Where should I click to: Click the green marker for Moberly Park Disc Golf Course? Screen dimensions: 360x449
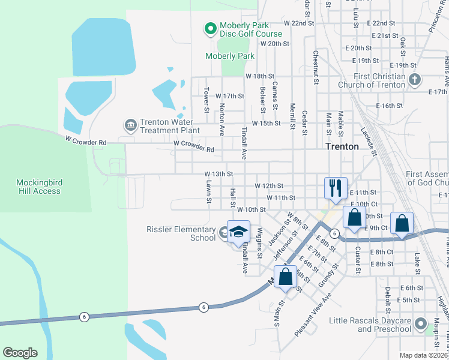(x=210, y=28)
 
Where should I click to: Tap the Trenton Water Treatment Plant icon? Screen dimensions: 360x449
(x=130, y=125)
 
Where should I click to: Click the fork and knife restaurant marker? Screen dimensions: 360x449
(x=334, y=187)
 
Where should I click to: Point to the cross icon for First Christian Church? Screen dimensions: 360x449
(x=414, y=79)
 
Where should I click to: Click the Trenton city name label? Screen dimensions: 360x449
(x=342, y=146)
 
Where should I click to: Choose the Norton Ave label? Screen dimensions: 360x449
(x=221, y=118)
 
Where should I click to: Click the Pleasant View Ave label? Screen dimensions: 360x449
(x=313, y=314)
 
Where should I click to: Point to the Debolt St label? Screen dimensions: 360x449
(x=388, y=300)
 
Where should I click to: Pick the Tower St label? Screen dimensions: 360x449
(x=206, y=101)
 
